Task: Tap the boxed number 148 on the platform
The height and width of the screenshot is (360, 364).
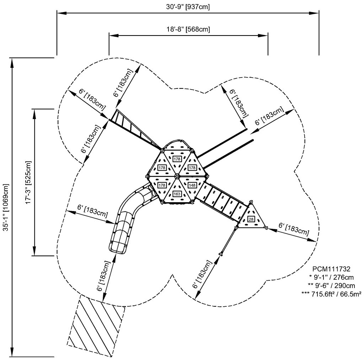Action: tap(192, 185)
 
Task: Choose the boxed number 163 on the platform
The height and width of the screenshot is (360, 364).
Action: tap(177, 194)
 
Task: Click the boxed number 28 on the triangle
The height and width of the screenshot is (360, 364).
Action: tap(251, 219)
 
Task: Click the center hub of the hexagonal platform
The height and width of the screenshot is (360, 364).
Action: tap(177, 176)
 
